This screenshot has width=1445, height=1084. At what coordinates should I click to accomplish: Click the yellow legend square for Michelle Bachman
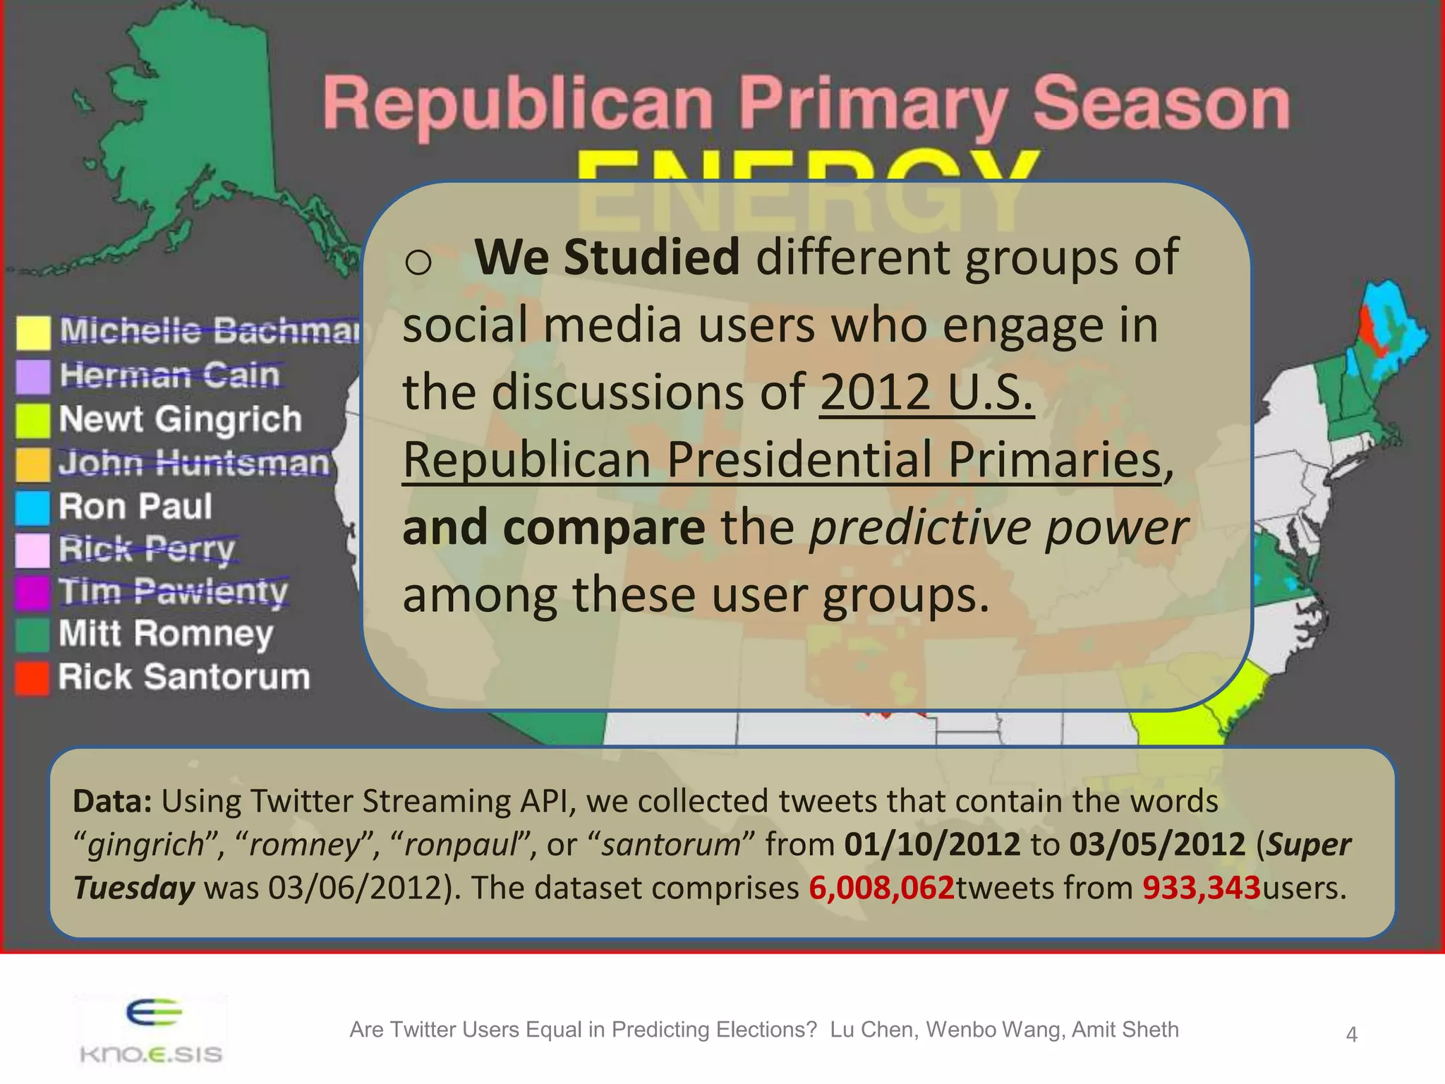[x=33, y=332]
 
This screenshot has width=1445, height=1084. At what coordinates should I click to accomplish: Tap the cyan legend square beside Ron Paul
[x=33, y=508]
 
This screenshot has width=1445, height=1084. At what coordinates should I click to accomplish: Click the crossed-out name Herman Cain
[x=169, y=375]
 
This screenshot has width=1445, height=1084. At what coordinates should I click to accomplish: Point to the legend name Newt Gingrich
[x=181, y=419]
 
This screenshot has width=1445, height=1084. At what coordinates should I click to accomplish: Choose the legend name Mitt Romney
[x=166, y=634]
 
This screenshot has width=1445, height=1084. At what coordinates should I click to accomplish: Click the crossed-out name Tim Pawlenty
[x=174, y=591]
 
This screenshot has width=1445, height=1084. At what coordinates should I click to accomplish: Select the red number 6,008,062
[x=881, y=888]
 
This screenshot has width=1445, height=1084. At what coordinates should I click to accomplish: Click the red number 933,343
[x=1201, y=888]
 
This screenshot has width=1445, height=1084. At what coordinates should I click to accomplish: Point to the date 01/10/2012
[x=932, y=844]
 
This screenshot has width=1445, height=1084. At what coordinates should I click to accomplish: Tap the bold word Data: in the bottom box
[x=113, y=801]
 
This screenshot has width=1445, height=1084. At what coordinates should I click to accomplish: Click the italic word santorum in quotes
[x=670, y=845]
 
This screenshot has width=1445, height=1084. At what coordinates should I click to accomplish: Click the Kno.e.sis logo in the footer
[x=150, y=1031]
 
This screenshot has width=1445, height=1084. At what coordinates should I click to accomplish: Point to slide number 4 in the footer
[x=1351, y=1035]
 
